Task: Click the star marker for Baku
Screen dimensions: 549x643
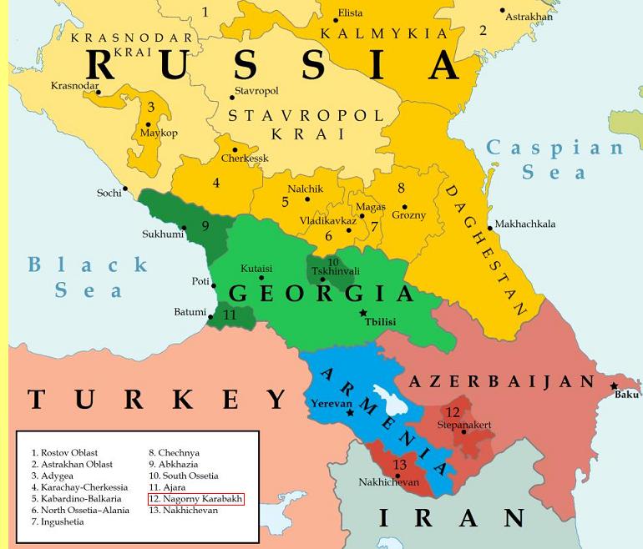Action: pyautogui.click(x=615, y=386)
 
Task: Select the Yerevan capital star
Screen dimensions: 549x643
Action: pyautogui.click(x=351, y=412)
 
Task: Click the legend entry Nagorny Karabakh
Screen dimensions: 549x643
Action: pyautogui.click(x=195, y=499)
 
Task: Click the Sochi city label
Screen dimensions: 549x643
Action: pyautogui.click(x=109, y=194)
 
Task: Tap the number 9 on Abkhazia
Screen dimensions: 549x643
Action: pyautogui.click(x=205, y=225)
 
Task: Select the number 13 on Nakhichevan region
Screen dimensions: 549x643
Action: pyautogui.click(x=400, y=465)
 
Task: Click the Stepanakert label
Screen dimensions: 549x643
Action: pyautogui.click(x=463, y=425)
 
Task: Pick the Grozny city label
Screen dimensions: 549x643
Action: pyautogui.click(x=408, y=215)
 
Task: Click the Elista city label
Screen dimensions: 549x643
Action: pyautogui.click(x=349, y=14)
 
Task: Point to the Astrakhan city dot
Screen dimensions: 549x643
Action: pyautogui.click(x=503, y=11)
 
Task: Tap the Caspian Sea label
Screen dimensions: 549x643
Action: pyautogui.click(x=555, y=160)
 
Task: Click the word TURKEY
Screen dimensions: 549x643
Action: pyautogui.click(x=158, y=400)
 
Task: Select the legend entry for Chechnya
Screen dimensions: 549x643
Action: pyautogui.click(x=175, y=453)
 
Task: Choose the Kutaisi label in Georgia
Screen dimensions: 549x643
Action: pyautogui.click(x=256, y=269)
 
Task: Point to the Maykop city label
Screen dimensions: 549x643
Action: pyautogui.click(x=159, y=133)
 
